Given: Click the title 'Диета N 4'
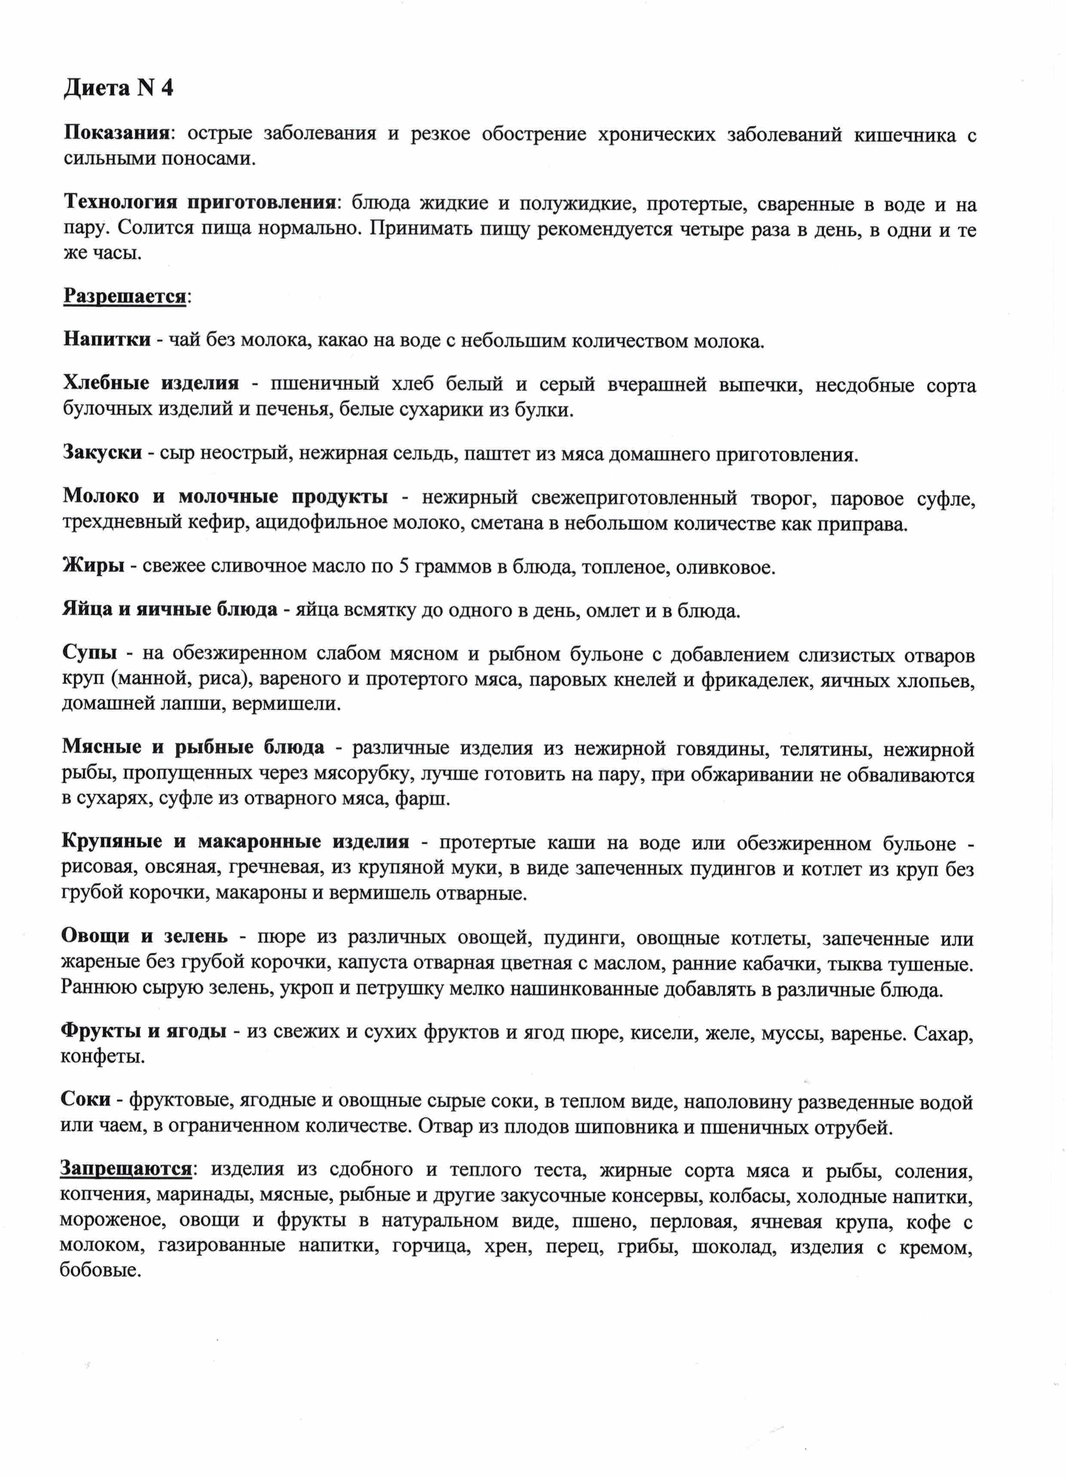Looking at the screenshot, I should point(119,88).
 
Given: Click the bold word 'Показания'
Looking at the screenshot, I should point(116,134).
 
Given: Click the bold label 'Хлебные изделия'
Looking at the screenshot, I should point(151,383).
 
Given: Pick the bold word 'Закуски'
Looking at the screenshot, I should point(102,452).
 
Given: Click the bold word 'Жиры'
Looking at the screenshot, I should point(94,565).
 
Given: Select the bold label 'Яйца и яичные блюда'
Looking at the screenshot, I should point(170,610).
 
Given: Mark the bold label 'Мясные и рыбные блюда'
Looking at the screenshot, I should point(193,747).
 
